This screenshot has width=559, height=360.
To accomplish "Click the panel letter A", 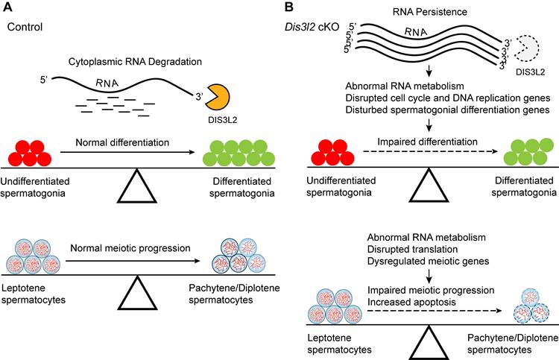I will point(11,8).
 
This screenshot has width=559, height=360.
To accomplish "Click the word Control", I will point(23,27).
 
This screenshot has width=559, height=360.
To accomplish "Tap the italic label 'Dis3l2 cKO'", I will point(315,27).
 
